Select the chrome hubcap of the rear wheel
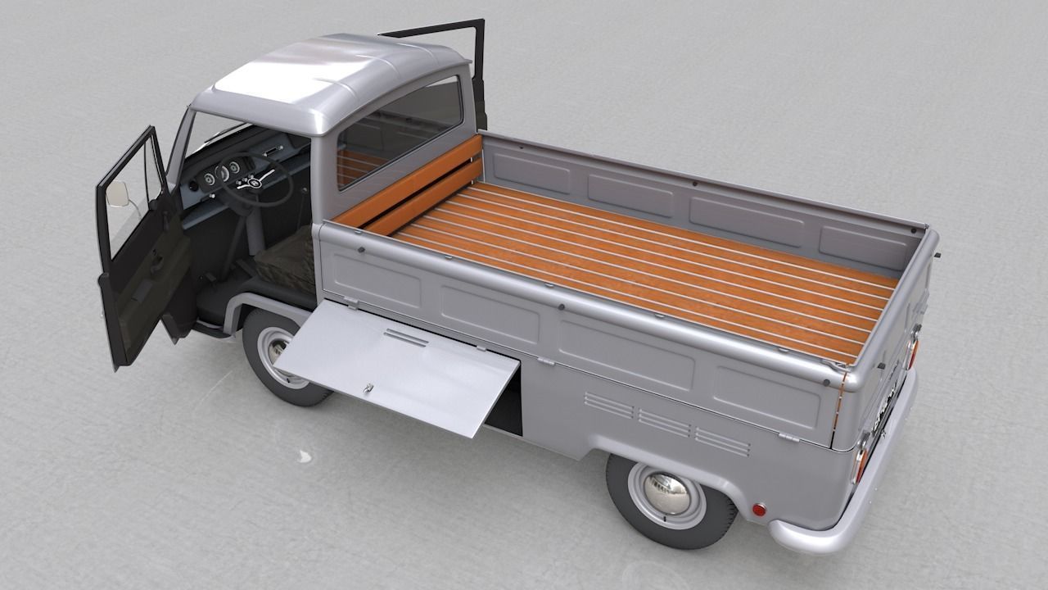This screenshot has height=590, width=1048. click(664, 492)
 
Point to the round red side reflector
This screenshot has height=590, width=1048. click(759, 509)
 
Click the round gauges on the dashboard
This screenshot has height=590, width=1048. click(220, 174)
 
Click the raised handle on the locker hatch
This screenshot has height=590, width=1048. click(405, 337)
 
